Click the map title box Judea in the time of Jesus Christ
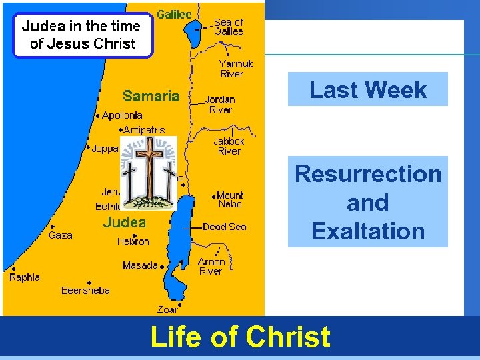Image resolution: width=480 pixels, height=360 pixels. click(x=81, y=35)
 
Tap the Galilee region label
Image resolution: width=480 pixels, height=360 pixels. click(x=174, y=14)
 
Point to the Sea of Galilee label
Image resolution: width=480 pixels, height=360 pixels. click(x=229, y=27)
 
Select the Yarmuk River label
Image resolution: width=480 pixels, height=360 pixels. click(x=236, y=69)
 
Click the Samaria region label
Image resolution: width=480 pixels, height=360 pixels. click(x=151, y=96)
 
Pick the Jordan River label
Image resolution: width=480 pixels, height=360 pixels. click(x=220, y=105)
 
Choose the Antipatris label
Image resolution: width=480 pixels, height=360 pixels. click(x=144, y=130)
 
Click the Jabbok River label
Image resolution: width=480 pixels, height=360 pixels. click(x=229, y=146)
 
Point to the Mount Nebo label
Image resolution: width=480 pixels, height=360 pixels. click(x=230, y=199)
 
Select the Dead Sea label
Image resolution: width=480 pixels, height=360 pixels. click(x=224, y=227)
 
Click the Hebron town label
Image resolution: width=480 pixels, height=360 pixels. click(x=133, y=241)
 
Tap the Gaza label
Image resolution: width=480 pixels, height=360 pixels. click(x=60, y=235)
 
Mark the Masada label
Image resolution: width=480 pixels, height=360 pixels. click(x=140, y=265)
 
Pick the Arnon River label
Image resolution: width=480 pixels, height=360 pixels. click(x=211, y=267)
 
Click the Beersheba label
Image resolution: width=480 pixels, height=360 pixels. click(x=85, y=290)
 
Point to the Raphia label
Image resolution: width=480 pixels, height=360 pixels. click(x=25, y=277)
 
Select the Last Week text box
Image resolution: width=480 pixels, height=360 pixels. click(x=368, y=89)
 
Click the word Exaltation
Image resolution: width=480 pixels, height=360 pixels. click(x=368, y=231)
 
